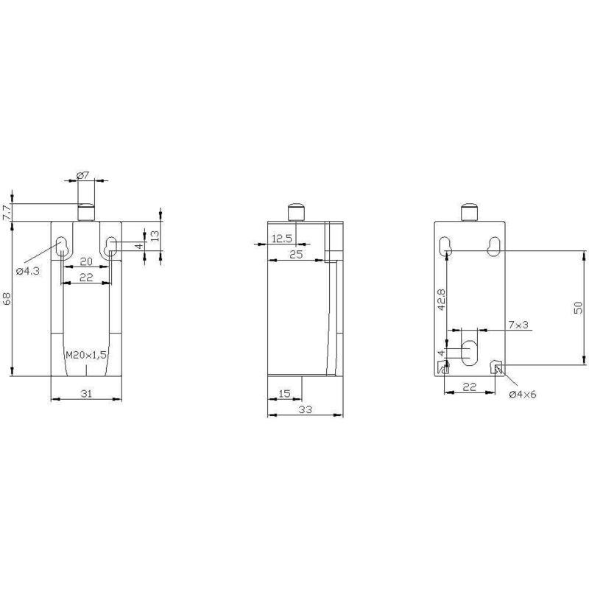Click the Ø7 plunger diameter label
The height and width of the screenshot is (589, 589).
83,175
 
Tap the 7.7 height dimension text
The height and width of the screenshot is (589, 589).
7,213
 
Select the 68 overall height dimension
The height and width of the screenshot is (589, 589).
7,298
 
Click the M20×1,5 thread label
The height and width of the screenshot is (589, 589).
85,355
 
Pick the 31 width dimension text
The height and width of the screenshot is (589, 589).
85,394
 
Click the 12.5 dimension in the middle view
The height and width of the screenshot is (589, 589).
282,238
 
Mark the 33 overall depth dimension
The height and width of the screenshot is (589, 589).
303,411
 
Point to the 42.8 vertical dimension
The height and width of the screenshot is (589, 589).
440,300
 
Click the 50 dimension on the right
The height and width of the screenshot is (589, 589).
579,306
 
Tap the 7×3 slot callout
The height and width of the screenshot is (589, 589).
518,324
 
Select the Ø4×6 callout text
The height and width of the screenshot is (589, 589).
523,395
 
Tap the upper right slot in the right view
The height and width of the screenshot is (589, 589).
494,245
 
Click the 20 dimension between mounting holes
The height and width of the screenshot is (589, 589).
85,262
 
